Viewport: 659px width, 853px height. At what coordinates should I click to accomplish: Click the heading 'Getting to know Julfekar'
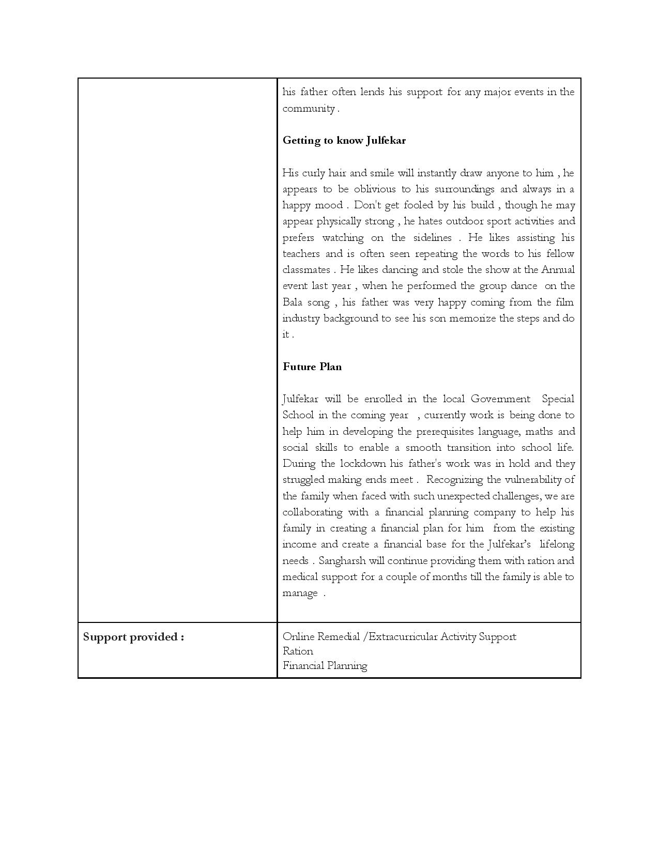click(x=344, y=141)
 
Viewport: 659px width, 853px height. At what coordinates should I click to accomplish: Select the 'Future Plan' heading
click(x=312, y=367)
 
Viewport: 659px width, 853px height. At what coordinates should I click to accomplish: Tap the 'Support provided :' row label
click(x=133, y=636)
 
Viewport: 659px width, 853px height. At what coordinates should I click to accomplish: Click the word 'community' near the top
click(x=309, y=109)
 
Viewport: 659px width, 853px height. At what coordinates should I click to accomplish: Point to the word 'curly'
click(x=314, y=173)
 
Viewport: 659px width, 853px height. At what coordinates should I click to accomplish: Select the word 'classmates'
click(x=306, y=270)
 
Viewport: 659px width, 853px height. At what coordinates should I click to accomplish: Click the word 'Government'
click(x=500, y=399)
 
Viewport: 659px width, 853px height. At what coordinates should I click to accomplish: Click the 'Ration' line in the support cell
click(x=298, y=651)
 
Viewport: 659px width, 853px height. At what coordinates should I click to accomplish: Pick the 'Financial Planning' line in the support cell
click(x=325, y=665)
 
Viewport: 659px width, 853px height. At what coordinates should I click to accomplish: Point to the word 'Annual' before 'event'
click(x=558, y=270)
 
